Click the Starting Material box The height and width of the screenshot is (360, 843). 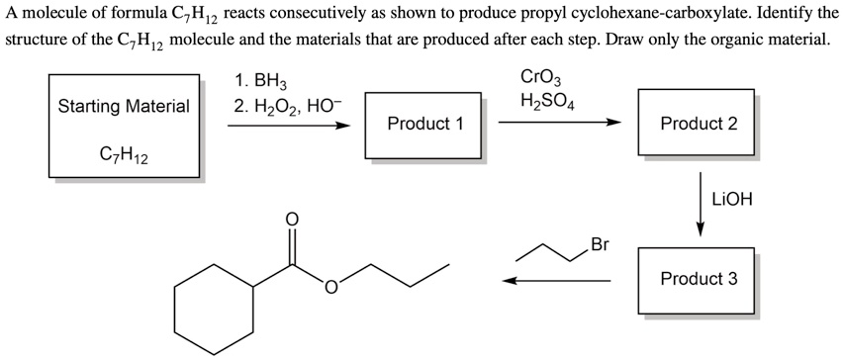click(124, 105)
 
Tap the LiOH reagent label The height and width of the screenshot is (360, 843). click(732, 199)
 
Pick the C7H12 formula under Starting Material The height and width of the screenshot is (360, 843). click(124, 154)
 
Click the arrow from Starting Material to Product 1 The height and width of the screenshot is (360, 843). click(288, 126)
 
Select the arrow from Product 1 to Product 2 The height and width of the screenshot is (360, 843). click(559, 124)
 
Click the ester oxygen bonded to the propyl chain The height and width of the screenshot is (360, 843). click(329, 289)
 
